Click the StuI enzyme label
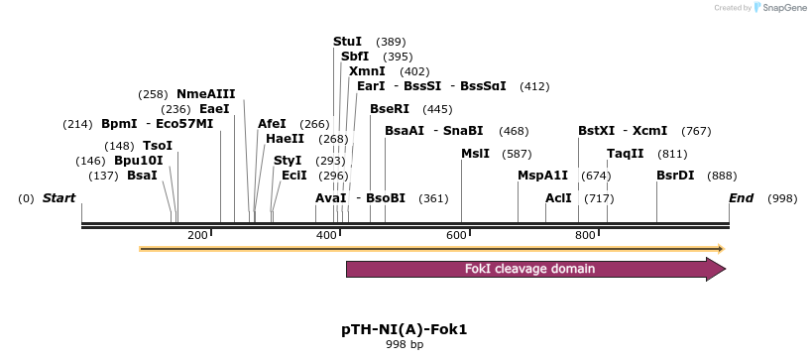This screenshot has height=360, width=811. (347, 41)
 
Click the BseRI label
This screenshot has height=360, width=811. (389, 108)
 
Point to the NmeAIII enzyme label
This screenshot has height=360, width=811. (205, 93)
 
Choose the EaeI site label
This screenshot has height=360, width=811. (214, 108)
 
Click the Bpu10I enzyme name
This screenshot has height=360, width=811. (138, 160)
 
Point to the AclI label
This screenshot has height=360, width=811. (558, 197)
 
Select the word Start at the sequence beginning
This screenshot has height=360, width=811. (58, 197)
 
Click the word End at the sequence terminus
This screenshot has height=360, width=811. (741, 197)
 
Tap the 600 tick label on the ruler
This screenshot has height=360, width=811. (455, 235)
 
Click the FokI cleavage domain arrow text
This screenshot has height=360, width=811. (529, 269)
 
